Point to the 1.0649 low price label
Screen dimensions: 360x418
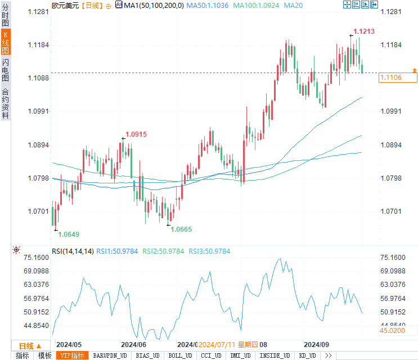(x=69, y=234)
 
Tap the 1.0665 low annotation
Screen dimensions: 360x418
(x=182, y=229)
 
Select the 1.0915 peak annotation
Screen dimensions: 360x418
(x=136, y=134)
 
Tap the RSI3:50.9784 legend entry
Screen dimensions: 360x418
(x=209, y=251)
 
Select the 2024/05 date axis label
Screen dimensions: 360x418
(x=69, y=344)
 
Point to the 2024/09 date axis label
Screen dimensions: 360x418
(x=316, y=344)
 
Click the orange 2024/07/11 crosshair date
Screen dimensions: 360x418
(x=217, y=344)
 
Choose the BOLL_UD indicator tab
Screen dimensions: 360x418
(x=179, y=355)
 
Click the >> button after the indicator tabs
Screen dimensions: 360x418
(x=329, y=355)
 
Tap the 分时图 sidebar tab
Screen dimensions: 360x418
(x=5, y=16)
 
